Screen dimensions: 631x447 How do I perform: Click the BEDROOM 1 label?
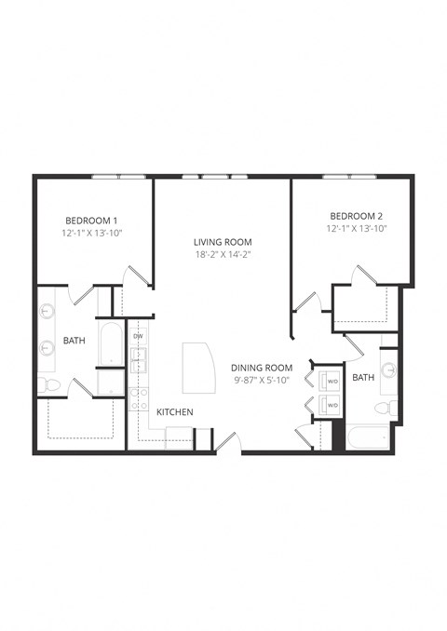[x=90, y=220]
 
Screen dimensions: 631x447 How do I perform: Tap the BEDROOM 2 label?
[x=356, y=215]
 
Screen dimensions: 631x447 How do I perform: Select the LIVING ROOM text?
[x=223, y=241]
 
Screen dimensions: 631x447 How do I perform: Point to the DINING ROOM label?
[x=263, y=368]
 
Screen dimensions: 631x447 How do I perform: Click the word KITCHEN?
[x=174, y=411]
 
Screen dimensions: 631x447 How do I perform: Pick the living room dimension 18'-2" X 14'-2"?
[x=223, y=254]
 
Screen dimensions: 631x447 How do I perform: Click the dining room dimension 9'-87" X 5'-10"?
[x=263, y=380]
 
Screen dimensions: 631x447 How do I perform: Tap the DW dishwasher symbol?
[x=139, y=335]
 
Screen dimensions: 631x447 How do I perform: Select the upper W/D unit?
[x=331, y=381]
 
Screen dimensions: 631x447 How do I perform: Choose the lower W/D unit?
[x=331, y=405]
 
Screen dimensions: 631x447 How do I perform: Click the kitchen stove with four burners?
[x=139, y=398]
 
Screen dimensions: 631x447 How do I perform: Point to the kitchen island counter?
[x=196, y=367]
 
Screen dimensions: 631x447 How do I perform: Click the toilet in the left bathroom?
[x=49, y=384]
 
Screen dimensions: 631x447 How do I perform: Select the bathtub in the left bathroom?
[x=111, y=343]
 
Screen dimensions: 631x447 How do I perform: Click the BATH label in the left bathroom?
[x=74, y=341]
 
